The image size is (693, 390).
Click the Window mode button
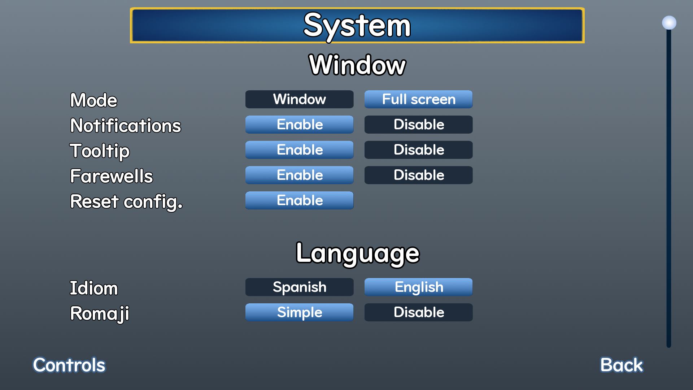point(299,99)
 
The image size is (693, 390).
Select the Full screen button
point(418,99)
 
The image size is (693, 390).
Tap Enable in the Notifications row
point(299,125)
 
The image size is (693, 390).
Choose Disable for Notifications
point(418,125)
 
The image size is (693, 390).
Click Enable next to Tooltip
point(299,150)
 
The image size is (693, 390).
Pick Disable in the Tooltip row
point(418,150)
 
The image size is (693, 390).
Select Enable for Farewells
point(299,175)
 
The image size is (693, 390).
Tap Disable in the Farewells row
point(418,175)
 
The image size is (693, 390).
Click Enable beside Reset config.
point(299,200)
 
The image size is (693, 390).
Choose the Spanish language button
point(299,287)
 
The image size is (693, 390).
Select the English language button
point(418,287)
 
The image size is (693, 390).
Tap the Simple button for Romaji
point(299,312)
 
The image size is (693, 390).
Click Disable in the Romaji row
point(418,312)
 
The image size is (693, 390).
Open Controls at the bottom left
point(69,365)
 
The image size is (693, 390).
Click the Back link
point(622,365)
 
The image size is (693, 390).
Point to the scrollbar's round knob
point(669,23)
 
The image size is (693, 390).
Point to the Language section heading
point(358,253)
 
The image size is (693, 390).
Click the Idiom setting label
point(94,288)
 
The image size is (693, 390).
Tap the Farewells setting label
point(112,176)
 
